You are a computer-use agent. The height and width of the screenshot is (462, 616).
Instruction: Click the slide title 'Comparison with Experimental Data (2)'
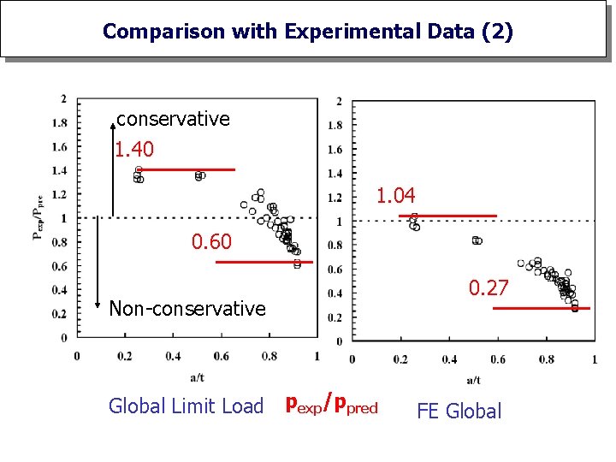pos(308,32)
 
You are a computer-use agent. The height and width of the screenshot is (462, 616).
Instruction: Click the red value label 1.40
pos(134,150)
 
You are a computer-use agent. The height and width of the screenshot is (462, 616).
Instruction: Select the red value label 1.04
pos(396,197)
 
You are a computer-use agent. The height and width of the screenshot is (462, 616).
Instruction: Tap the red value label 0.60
pos(211,242)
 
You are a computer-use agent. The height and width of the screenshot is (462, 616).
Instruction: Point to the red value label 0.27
pos(489,288)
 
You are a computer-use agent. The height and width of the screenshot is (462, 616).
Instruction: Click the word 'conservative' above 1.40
pos(173,119)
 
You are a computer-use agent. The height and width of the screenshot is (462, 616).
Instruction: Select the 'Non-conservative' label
pos(187,308)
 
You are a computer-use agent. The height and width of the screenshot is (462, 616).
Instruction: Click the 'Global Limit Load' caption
pos(186,406)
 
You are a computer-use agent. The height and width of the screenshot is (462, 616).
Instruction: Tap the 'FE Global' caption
pos(459,411)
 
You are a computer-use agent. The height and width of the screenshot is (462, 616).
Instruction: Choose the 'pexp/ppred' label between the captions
pos(331,404)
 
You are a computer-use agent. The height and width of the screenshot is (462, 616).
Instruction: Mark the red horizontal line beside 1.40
pos(186,169)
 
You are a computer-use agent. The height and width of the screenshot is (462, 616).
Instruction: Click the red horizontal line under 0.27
pos(542,308)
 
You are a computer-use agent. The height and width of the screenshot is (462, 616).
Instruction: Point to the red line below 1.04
pos(447,216)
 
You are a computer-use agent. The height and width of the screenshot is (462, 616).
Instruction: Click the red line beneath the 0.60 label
pos(264,262)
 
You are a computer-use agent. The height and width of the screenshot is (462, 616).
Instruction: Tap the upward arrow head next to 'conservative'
pos(113,126)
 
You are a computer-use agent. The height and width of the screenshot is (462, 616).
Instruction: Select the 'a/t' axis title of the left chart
pos(197,376)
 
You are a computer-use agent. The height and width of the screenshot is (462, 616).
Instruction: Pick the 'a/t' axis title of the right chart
pos(473,380)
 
